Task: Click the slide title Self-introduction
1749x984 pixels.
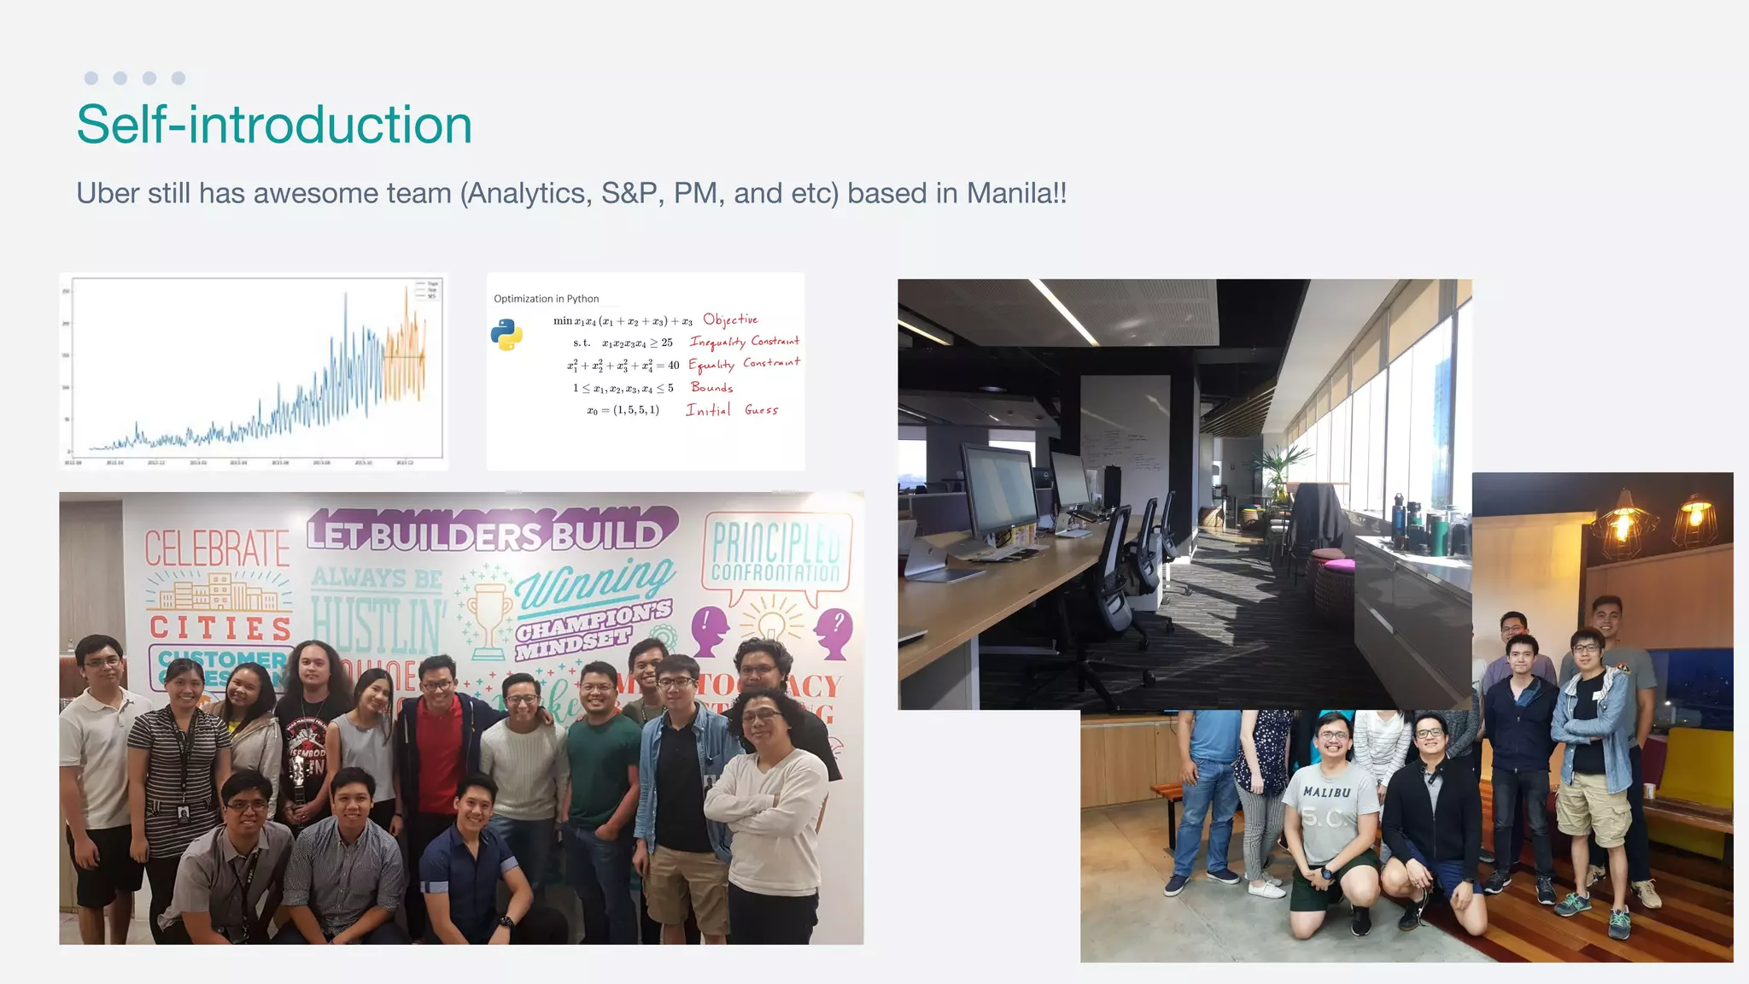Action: tap(274, 125)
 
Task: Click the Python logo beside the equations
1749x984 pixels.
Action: tap(506, 335)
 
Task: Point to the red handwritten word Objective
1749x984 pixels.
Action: tap(730, 319)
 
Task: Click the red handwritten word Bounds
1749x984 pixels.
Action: tap(711, 387)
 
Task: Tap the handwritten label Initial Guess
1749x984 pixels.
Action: tap(732, 410)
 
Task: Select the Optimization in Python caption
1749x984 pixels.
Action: tap(546, 299)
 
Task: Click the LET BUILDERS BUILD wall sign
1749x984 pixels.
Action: tap(487, 534)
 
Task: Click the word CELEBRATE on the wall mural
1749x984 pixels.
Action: tap(217, 548)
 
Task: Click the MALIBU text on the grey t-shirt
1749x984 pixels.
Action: tap(1326, 792)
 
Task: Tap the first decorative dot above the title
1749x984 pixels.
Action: tap(91, 79)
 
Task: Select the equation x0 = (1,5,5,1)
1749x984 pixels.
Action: tap(623, 410)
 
